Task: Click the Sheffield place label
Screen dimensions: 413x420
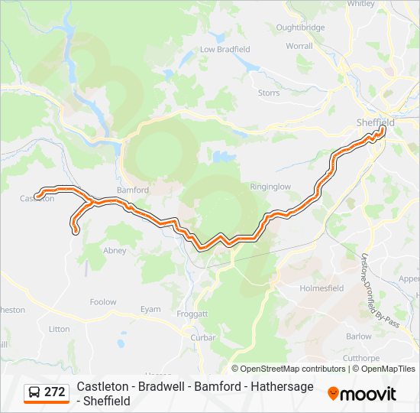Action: [x=375, y=122]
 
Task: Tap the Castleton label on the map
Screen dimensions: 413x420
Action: [x=37, y=198]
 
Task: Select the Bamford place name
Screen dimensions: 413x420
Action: [x=132, y=189]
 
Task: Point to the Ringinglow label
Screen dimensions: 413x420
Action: [x=271, y=186]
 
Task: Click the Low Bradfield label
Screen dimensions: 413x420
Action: [x=225, y=49]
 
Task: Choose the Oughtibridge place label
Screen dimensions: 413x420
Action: [x=300, y=28]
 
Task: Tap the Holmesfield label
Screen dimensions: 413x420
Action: [x=322, y=288]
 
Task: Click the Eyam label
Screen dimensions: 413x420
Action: [x=150, y=309]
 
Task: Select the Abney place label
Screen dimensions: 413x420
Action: [x=115, y=250]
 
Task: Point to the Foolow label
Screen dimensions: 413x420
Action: [x=103, y=302]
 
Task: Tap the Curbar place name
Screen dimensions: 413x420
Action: [x=202, y=337]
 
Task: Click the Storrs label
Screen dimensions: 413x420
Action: [x=269, y=93]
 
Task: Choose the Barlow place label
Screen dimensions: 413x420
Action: [x=358, y=337]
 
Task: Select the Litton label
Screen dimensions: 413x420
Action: [x=59, y=329]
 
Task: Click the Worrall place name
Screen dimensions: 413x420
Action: [x=299, y=46]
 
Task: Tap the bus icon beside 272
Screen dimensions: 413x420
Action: [x=34, y=392]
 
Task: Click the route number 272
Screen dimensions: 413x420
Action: [x=54, y=392]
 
